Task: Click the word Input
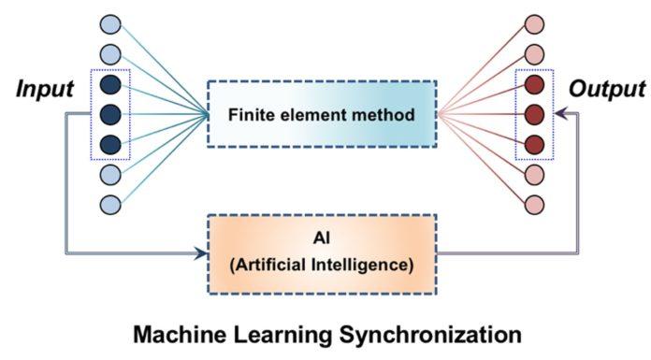pos(44,92)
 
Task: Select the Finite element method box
pos(321,115)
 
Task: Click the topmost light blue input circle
pos(110,24)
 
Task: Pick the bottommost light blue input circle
pos(110,204)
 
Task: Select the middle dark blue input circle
pos(110,114)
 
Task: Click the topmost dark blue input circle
pos(110,84)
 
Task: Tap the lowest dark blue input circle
pos(110,144)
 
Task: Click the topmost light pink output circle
pos(534,24)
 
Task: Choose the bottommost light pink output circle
pos(534,204)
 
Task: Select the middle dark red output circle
pos(534,114)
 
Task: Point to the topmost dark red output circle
pos(534,84)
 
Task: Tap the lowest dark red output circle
pos(534,144)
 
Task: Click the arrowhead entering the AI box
pos(199,252)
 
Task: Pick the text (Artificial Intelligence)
pos(321,264)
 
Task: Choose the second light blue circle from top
pos(110,54)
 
